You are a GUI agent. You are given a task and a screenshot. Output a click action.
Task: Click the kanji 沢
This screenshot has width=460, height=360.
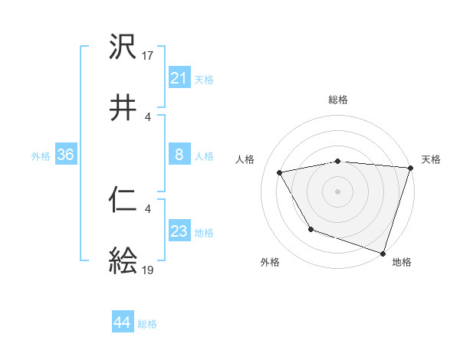(x=123, y=47)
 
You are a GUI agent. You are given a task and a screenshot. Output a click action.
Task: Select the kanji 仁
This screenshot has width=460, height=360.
(x=123, y=200)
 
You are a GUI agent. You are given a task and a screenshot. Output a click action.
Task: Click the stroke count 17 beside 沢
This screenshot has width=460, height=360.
(x=149, y=55)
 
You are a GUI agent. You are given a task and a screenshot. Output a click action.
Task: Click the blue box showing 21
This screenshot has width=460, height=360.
(x=179, y=78)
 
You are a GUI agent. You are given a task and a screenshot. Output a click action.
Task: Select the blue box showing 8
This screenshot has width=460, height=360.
(x=179, y=155)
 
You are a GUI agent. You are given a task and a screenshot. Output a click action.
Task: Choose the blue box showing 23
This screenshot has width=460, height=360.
(x=179, y=231)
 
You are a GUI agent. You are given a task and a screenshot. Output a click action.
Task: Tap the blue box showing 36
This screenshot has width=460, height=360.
(x=65, y=155)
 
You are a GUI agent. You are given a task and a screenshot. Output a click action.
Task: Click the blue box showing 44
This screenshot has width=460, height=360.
(x=122, y=322)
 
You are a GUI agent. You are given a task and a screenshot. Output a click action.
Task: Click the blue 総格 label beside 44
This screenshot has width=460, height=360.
(x=147, y=324)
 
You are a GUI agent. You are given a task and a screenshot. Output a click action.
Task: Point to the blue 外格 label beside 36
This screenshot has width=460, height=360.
(x=41, y=156)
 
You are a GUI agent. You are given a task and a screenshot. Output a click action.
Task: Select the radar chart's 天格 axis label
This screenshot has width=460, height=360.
(x=431, y=159)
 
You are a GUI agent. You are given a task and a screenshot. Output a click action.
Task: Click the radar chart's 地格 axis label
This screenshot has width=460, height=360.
(x=402, y=262)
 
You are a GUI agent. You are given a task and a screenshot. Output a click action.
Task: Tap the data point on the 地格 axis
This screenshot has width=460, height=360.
(x=383, y=253)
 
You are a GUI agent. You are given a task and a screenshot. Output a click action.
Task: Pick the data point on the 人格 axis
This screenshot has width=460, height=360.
(x=280, y=173)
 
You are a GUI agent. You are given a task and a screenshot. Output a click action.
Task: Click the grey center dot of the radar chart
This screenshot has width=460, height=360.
(x=338, y=191)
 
